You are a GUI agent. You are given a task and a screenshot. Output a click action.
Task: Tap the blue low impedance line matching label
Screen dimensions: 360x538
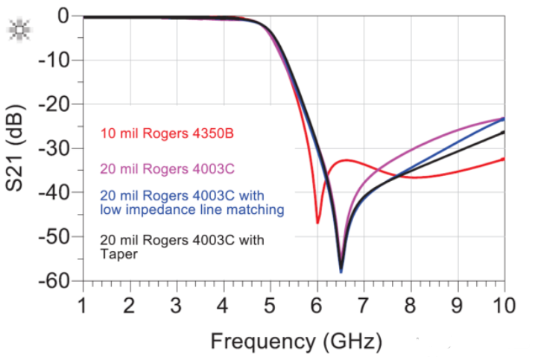tap(192, 203)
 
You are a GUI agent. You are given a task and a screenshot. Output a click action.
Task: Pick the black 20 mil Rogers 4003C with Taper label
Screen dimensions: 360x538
tap(181, 247)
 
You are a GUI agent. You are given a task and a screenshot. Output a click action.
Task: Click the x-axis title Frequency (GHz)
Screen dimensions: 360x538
tap(296, 341)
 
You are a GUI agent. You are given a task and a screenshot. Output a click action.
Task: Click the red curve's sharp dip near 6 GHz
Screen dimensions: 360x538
tap(317, 223)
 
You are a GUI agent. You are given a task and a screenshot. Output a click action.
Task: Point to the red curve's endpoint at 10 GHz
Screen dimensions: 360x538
tap(504, 158)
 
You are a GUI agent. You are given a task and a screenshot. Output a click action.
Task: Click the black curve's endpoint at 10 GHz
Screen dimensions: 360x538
tap(504, 132)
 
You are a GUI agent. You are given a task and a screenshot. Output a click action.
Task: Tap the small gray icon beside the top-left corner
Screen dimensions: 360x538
tap(16, 31)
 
